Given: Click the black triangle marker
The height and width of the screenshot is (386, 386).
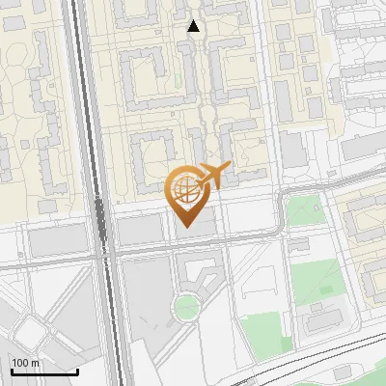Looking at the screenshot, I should (x=194, y=26).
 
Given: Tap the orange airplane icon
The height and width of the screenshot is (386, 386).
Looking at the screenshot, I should (x=215, y=175).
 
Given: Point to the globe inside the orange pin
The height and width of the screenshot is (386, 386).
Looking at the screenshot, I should (x=185, y=187).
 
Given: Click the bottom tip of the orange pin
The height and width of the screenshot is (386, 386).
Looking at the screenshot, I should (x=185, y=228).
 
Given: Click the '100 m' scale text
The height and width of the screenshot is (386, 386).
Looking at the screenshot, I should (x=25, y=363).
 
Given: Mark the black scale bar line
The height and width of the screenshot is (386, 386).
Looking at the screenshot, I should (x=44, y=372).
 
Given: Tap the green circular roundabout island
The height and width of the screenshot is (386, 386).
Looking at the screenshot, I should (x=185, y=308).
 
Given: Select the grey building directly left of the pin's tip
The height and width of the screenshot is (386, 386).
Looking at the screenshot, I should (x=141, y=229).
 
